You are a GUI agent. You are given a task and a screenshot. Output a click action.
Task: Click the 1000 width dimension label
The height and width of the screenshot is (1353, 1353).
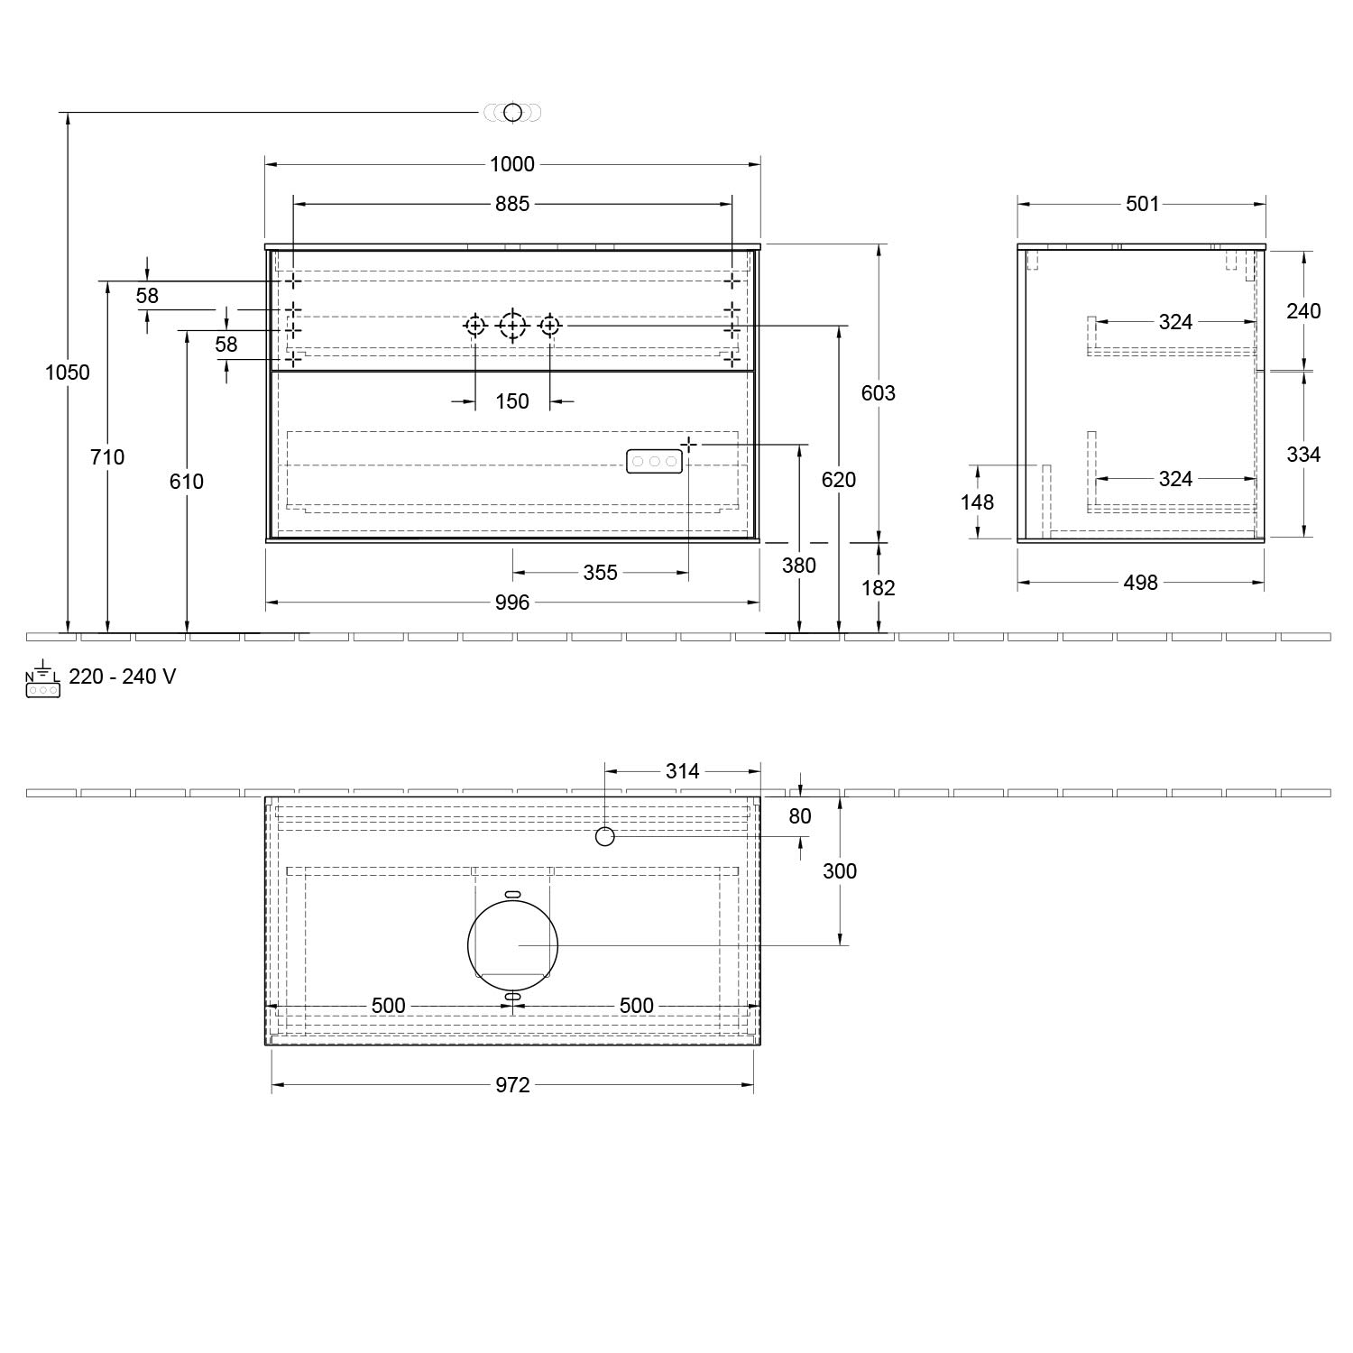512,164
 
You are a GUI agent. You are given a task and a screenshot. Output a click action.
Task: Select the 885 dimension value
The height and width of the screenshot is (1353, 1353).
512,204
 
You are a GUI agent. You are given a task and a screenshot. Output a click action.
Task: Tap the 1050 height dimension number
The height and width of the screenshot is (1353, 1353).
68,372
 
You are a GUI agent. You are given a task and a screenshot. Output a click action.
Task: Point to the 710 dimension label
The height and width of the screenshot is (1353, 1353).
107,457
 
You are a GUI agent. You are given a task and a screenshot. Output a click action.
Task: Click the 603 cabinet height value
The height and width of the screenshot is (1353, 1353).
878,392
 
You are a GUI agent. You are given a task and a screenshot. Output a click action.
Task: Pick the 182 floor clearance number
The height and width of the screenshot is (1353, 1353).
878,588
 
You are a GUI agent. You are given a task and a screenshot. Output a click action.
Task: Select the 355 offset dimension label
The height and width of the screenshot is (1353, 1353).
600,573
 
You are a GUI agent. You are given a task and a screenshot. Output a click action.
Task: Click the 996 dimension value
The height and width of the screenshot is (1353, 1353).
512,603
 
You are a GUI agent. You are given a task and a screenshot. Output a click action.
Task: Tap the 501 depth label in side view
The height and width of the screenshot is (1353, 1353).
1142,204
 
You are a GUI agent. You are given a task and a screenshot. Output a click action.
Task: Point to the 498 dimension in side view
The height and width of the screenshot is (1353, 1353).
1140,583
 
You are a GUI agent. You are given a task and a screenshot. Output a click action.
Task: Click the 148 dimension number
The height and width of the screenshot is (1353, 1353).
977,502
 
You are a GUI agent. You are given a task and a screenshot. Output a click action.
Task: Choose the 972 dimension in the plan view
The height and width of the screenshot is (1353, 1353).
512,1085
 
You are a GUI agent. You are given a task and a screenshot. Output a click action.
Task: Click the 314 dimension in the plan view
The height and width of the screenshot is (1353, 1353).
682,771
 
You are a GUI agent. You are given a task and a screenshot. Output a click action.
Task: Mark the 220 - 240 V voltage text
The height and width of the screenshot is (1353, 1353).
122,676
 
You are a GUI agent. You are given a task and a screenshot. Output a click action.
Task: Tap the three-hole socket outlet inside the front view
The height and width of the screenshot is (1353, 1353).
655,461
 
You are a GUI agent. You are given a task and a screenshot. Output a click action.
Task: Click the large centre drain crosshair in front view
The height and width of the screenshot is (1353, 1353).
512,325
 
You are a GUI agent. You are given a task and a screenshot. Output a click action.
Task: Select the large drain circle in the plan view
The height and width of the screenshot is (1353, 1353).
512,944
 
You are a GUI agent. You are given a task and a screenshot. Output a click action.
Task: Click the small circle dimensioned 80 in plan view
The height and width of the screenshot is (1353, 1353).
605,837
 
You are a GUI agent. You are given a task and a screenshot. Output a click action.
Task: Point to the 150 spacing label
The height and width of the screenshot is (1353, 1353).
512,401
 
